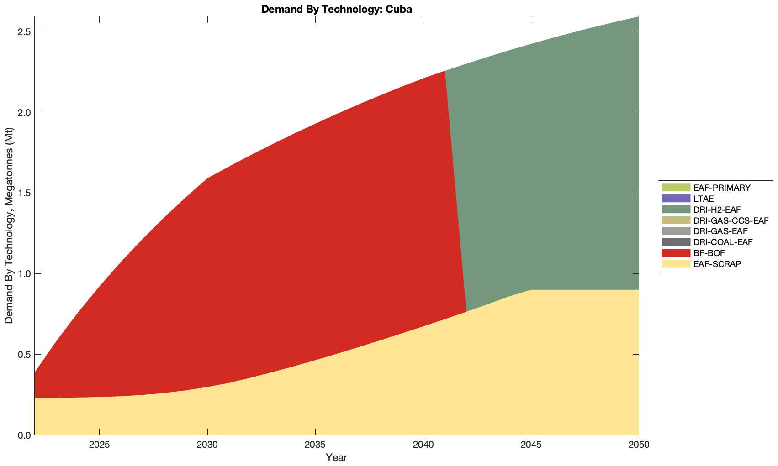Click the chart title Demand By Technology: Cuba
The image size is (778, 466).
(x=336, y=9)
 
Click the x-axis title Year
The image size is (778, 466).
(x=336, y=457)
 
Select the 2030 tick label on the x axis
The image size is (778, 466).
(x=207, y=445)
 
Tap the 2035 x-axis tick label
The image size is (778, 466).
(x=315, y=445)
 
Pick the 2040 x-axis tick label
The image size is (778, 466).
(x=423, y=445)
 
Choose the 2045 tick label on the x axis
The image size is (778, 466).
(x=531, y=445)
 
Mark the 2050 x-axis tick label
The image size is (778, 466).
(x=639, y=445)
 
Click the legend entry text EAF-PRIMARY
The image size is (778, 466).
(x=721, y=188)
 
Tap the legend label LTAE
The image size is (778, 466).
(x=703, y=199)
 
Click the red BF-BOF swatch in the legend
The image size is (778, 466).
(x=675, y=253)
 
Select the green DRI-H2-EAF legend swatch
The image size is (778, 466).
(x=675, y=209)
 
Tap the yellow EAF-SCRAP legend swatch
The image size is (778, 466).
(x=675, y=264)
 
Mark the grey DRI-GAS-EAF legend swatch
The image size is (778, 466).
(x=675, y=231)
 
